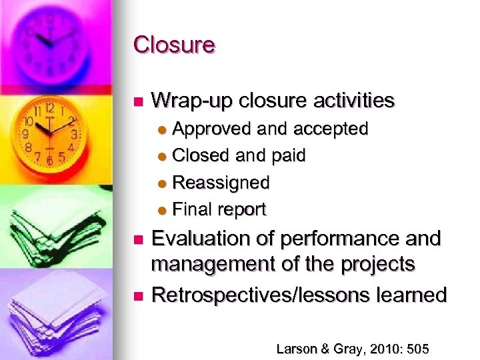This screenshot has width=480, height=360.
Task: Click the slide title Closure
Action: [x=174, y=45]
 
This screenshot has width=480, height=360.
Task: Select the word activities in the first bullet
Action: [x=351, y=101]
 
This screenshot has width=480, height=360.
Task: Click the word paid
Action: [x=289, y=155]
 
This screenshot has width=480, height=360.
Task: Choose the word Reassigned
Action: [x=221, y=182]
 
